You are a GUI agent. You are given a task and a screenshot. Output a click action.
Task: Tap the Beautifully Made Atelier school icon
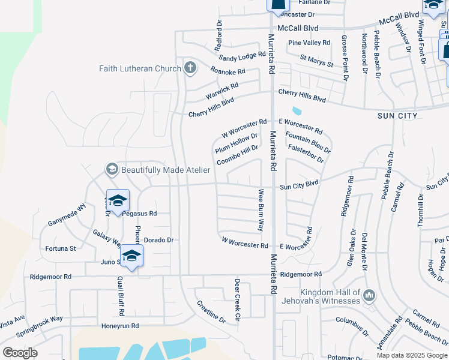coord(112,170)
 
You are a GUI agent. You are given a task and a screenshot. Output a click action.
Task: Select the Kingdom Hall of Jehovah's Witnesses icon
coord(369,295)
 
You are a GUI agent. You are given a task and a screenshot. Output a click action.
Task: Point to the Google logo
coord(20,353)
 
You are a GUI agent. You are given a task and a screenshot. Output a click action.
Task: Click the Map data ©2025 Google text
coord(412,355)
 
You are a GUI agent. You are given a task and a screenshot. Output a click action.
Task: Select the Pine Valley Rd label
coord(309,43)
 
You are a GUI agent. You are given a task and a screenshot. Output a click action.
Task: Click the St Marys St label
coord(316,61)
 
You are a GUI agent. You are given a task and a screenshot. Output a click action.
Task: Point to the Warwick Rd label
coord(222,90)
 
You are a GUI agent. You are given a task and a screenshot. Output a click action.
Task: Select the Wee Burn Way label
coord(261,210)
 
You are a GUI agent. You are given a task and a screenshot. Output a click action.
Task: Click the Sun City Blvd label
coord(298,187)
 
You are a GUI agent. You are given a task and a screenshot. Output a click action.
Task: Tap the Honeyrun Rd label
coord(120,326)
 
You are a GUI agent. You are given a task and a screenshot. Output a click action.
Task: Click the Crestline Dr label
coord(211,311)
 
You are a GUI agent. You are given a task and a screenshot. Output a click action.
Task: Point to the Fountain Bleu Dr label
coord(309,142)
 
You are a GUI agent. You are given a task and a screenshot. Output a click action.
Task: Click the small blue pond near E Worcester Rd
coord(296,111)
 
